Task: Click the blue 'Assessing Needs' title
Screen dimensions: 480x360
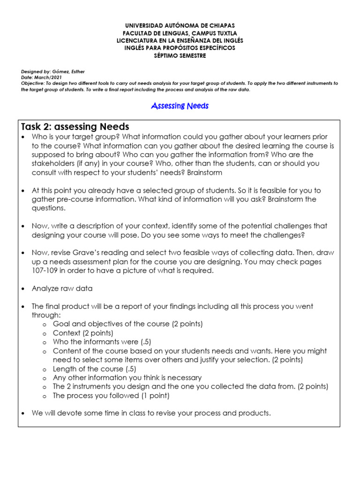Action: click(180, 106)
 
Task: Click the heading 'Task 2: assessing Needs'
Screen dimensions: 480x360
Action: click(75, 127)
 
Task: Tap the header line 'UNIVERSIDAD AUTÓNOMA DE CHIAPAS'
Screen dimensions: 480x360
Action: click(180, 25)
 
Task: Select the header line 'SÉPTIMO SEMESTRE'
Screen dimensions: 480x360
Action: click(180, 56)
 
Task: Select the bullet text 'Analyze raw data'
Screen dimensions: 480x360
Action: click(62, 288)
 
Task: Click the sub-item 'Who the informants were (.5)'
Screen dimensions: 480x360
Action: click(102, 342)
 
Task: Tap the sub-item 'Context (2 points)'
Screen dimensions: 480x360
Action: click(82, 333)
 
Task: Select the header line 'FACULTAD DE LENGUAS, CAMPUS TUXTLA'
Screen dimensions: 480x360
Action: click(180, 33)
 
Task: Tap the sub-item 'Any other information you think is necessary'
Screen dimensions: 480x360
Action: click(127, 378)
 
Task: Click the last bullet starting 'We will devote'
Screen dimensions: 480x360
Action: click(151, 413)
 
